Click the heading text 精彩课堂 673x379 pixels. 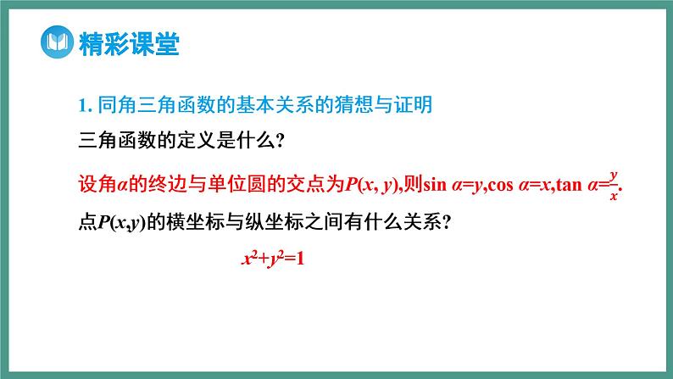(x=128, y=44)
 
